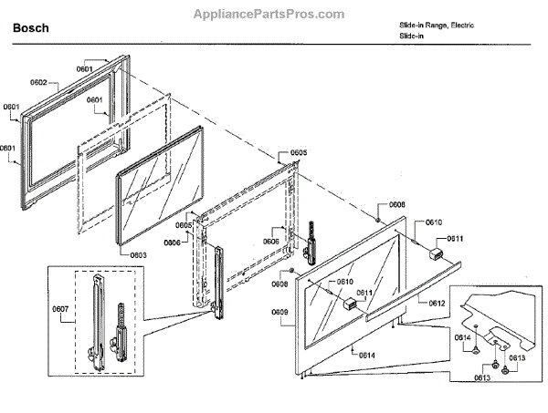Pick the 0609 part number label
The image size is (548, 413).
pyautogui.click(x=279, y=313)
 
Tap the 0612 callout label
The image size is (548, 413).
pyautogui.click(x=436, y=303)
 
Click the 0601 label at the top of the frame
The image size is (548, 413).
pyautogui.click(x=85, y=68)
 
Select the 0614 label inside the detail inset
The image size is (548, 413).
pyautogui.click(x=463, y=338)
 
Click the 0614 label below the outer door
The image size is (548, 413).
pyautogui.click(x=367, y=354)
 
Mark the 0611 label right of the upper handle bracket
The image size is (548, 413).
pyautogui.click(x=455, y=239)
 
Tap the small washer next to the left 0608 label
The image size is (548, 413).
pyautogui.click(x=291, y=271)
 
